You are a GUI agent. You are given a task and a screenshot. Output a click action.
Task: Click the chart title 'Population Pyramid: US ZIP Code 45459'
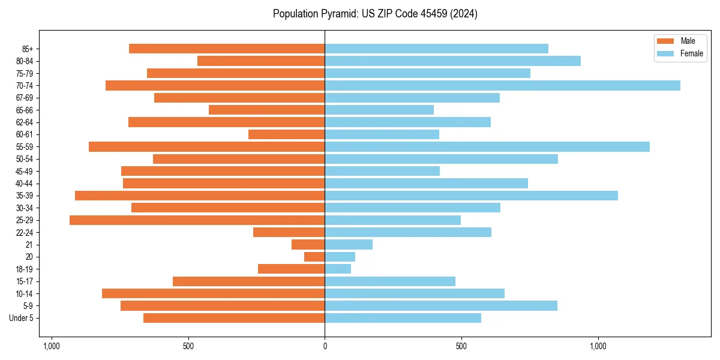coord(375,14)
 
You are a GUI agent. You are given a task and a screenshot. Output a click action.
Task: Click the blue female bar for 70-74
coord(502,85)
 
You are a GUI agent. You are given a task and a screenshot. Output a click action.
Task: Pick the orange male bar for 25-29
coord(197,220)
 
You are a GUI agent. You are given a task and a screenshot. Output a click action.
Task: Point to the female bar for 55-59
coord(487,146)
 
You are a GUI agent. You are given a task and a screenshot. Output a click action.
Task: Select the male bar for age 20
coord(314,257)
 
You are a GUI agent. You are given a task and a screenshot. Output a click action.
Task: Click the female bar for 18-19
coord(338,269)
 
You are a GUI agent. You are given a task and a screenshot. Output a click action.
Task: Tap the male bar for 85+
coord(227,49)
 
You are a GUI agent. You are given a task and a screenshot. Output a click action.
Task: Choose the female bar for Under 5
coord(403,318)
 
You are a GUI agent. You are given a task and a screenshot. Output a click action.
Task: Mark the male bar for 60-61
coord(286,134)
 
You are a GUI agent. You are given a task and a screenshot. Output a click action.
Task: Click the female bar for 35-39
coord(471,196)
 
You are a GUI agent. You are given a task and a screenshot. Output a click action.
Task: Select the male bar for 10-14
coord(213,293)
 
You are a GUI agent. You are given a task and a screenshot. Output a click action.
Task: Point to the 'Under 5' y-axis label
coord(21,318)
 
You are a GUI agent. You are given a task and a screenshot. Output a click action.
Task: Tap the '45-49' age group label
coord(24,171)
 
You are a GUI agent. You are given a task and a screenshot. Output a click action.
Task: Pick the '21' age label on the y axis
coord(29,245)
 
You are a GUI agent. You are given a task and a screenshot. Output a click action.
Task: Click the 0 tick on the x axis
coord(325,346)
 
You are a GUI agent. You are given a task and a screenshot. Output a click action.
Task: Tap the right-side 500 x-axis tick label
coord(461,346)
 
